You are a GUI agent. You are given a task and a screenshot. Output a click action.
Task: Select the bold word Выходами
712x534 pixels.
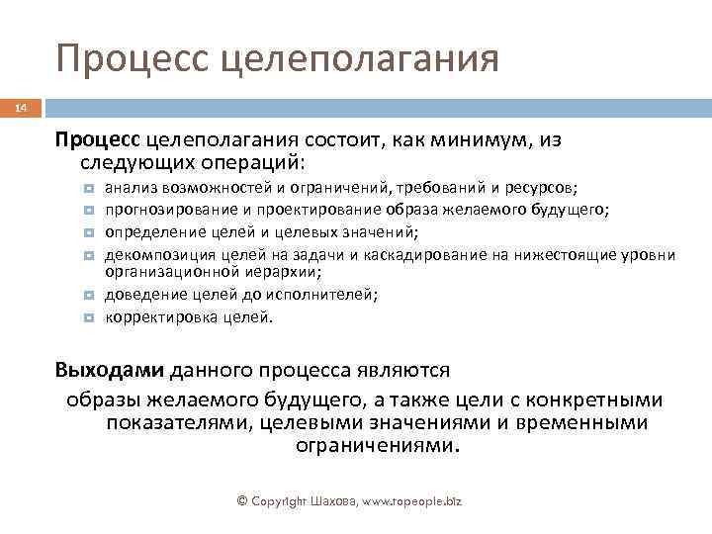(109, 371)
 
